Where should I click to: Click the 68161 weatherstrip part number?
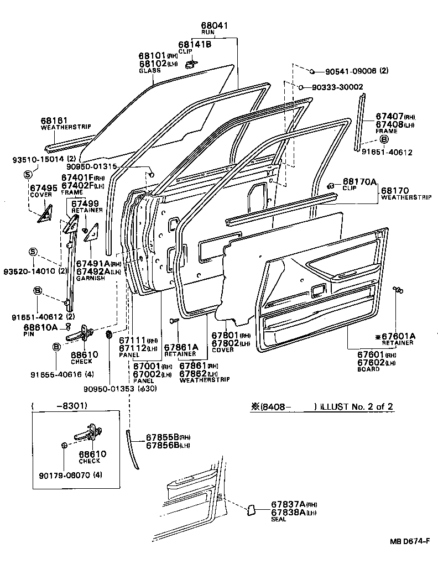click(54, 120)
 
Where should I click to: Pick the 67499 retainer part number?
click(87, 203)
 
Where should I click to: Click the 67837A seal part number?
click(288, 505)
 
